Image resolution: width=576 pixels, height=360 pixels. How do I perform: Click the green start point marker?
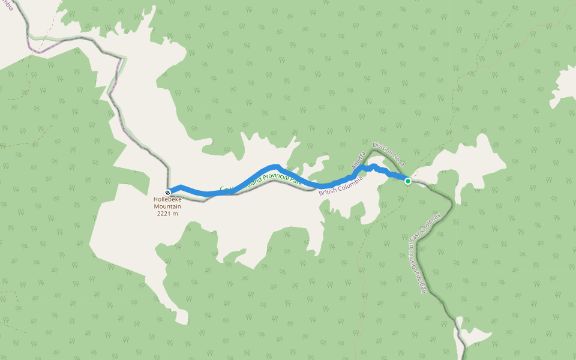pyautogui.click(x=408, y=181)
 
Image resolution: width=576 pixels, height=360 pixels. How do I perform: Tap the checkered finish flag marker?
pyautogui.click(x=168, y=193)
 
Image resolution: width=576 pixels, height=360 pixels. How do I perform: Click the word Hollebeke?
pyautogui.click(x=167, y=200)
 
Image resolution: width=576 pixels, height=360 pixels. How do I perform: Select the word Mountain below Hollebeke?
pyautogui.click(x=167, y=206)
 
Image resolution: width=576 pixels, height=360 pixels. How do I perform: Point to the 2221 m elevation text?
pyautogui.click(x=167, y=214)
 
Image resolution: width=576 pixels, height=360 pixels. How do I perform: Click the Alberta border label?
pyautogui.click(x=359, y=160)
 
